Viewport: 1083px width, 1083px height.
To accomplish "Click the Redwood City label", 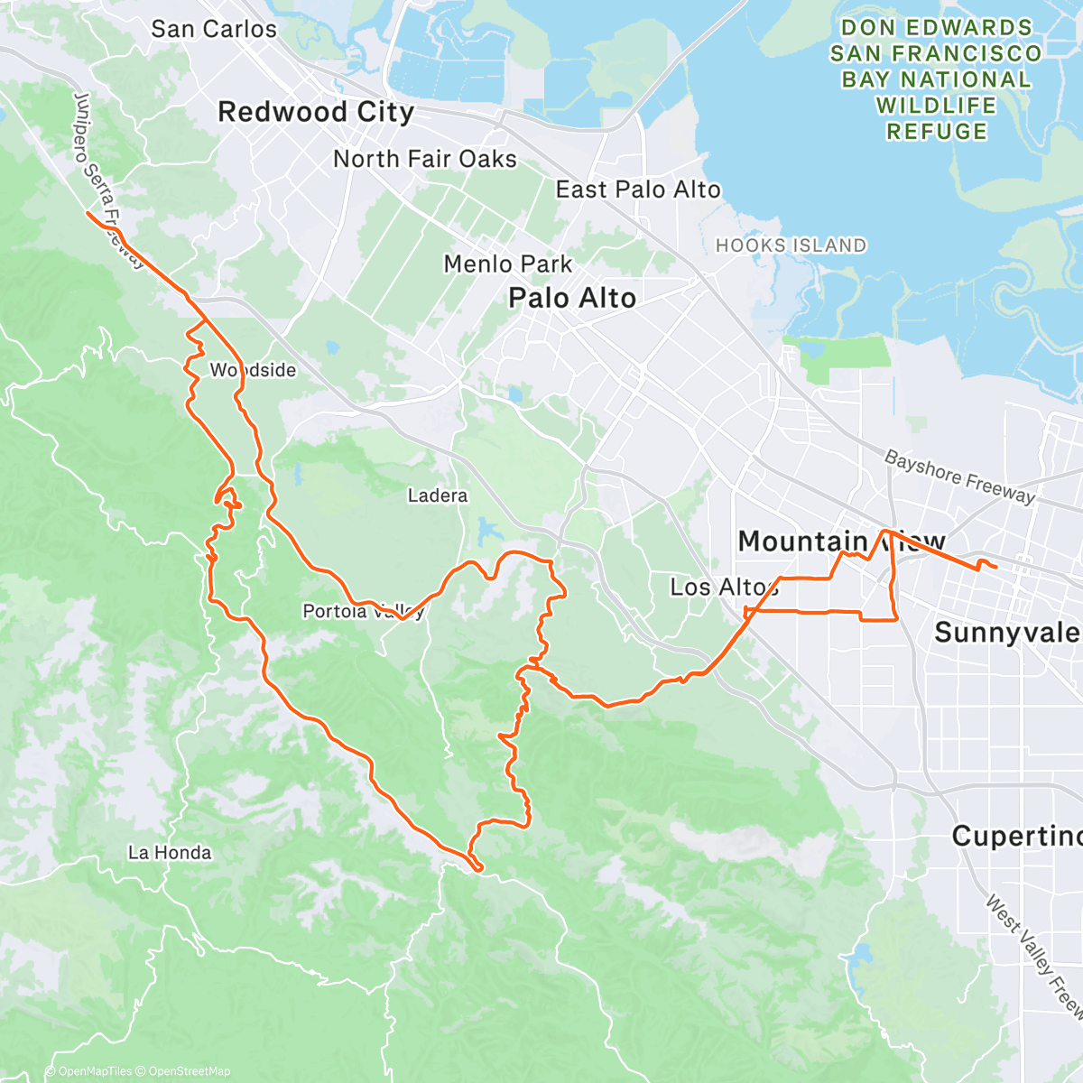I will click(316, 113).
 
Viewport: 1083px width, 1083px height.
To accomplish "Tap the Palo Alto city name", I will click(572, 299).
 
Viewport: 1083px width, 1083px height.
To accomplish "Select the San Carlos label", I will click(214, 29).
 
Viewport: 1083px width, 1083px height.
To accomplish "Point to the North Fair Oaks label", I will click(425, 160).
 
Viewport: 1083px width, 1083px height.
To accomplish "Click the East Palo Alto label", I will click(638, 190).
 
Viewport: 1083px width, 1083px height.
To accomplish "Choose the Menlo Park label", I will click(508, 264).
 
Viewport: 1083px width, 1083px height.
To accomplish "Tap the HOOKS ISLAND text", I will click(791, 245).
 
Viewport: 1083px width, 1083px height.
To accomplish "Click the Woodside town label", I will click(253, 370).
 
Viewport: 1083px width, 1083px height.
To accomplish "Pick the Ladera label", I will click(438, 495).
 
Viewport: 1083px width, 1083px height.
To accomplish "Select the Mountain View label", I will click(841, 541).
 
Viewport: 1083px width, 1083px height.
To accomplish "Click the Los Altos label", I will click(724, 588).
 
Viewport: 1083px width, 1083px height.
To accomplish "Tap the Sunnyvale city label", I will click(1006, 633).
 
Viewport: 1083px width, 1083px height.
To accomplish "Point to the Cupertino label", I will click(1016, 837).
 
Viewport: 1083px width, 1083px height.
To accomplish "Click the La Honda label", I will click(170, 853).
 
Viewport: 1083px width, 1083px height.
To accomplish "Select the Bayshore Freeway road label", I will click(959, 477).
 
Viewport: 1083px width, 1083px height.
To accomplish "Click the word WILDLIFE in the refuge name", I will click(936, 106).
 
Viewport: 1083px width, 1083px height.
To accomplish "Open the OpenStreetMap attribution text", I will click(190, 1071).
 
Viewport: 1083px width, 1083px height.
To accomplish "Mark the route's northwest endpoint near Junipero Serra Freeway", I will click(88, 213).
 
